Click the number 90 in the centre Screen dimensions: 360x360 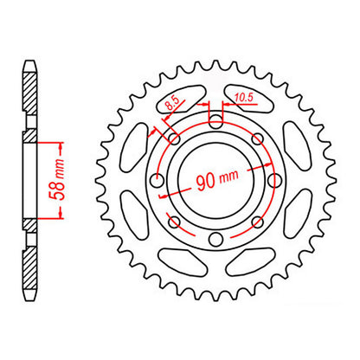pos(202,182)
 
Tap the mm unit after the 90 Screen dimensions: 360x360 pos(228,183)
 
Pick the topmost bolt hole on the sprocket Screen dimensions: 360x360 pos(214,120)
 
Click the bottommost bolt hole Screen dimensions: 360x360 pos(214,238)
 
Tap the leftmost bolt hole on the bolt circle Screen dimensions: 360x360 pos(156,179)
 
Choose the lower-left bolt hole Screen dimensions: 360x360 pos(173,221)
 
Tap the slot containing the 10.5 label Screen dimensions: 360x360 pos(249,98)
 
